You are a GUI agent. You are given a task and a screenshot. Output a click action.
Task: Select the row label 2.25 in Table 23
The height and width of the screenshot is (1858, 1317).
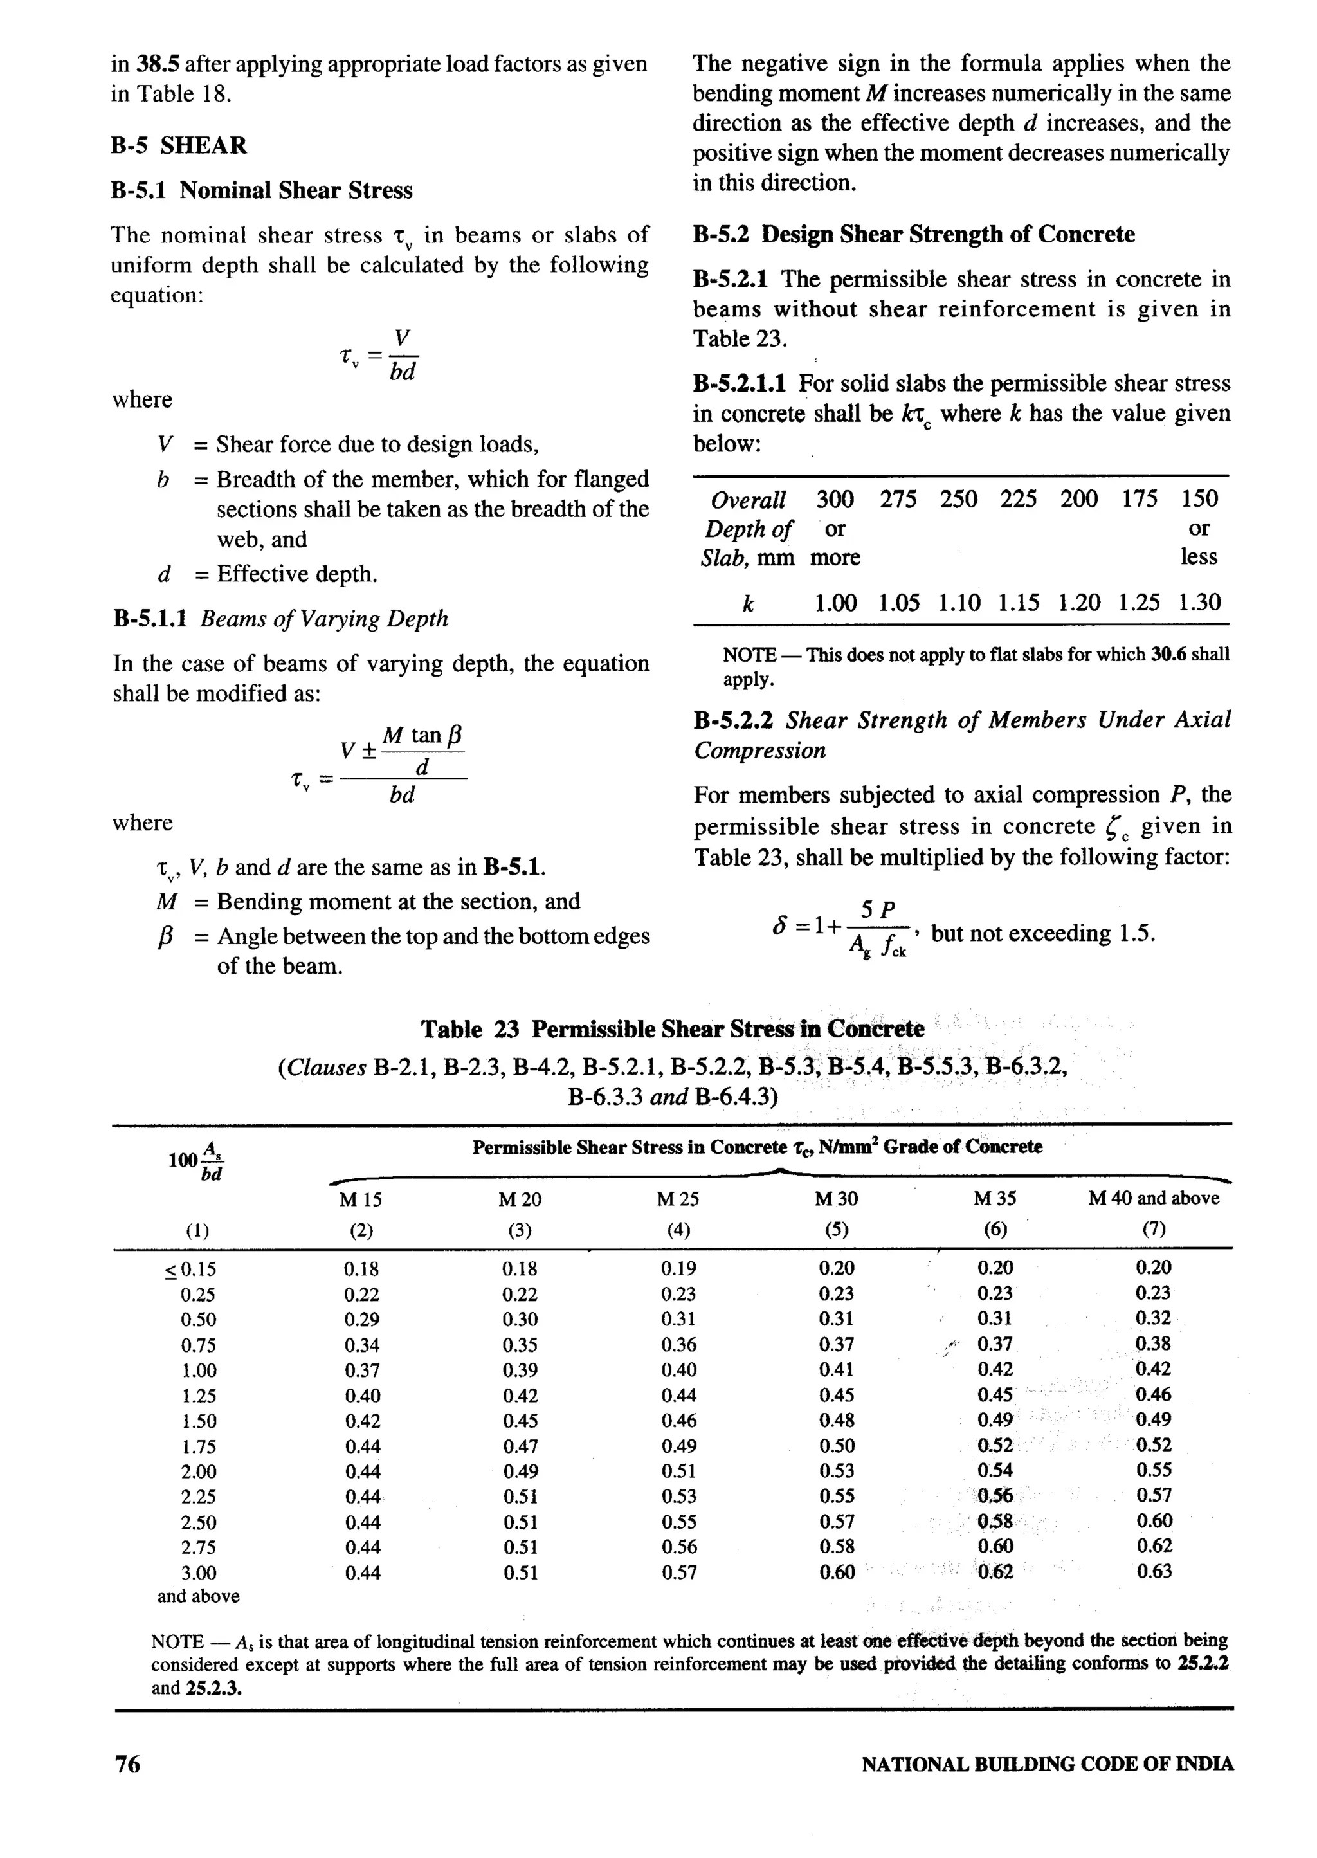(x=198, y=1497)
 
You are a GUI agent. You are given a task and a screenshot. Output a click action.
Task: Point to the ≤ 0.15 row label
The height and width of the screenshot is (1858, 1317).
(x=192, y=1270)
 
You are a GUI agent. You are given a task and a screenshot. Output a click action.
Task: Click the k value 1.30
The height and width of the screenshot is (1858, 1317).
(x=1199, y=603)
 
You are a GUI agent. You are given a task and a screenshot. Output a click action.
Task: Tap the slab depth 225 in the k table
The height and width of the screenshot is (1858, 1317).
(x=1018, y=499)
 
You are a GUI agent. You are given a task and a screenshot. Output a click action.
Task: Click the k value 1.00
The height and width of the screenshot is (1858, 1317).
(x=835, y=603)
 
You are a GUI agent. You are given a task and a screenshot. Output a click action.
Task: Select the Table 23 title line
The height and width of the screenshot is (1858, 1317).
(x=671, y=1029)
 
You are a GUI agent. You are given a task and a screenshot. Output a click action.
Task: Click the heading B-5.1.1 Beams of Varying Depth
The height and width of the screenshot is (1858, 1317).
(x=280, y=619)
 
